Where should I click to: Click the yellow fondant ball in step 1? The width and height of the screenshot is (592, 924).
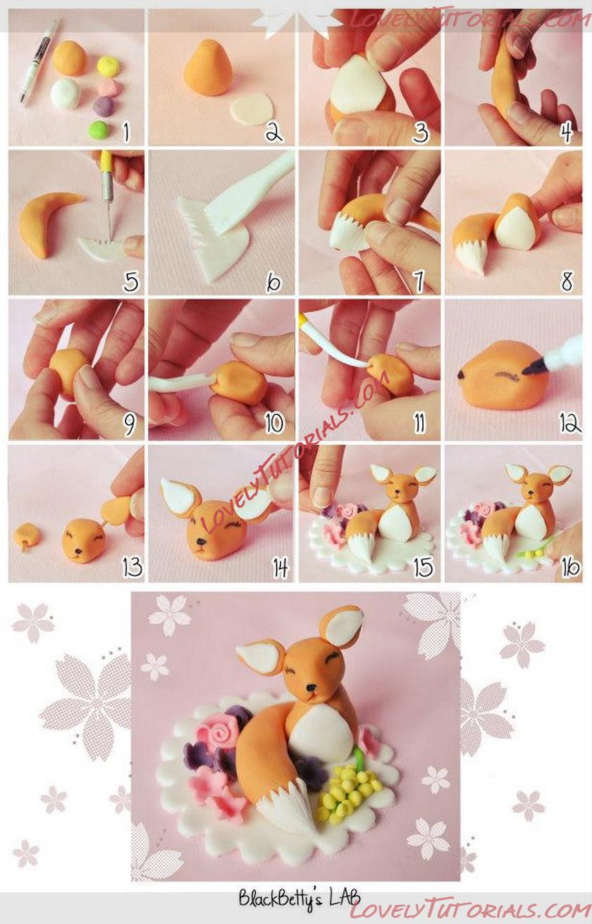[109, 66]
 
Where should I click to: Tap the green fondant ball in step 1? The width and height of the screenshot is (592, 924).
[99, 130]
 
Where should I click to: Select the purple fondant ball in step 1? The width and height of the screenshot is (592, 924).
[104, 106]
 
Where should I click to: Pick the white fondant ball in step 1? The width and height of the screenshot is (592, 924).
[66, 94]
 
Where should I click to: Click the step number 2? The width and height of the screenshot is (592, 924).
[273, 132]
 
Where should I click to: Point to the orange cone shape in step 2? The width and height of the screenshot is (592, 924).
[208, 68]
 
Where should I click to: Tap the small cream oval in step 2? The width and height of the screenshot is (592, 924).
[252, 108]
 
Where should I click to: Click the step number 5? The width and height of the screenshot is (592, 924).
[131, 283]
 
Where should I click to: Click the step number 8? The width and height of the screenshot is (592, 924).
[567, 282]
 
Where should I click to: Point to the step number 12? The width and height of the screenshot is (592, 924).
[570, 423]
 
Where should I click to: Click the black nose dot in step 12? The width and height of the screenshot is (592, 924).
[460, 374]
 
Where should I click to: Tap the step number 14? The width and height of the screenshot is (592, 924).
[280, 568]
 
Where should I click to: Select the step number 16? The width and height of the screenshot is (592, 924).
[570, 567]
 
